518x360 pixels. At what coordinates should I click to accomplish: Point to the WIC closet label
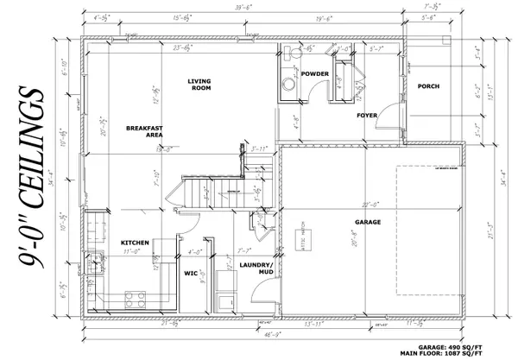pos(191,275)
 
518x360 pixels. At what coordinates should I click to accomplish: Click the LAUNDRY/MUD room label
pos(255,268)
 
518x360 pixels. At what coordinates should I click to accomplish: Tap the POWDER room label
pos(315,75)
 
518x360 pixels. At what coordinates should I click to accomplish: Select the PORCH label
pos(429,86)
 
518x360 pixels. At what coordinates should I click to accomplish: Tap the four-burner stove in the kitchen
pos(136,300)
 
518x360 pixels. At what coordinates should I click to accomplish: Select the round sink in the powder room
pos(287,83)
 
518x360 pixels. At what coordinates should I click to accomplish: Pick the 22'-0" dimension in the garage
pos(370,204)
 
